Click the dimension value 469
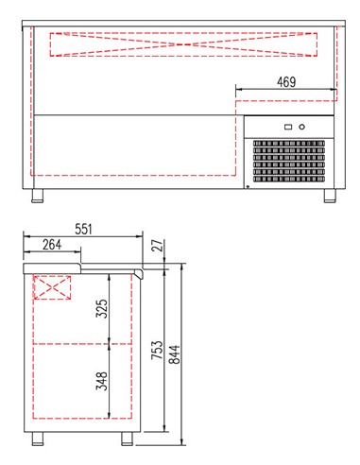click(287, 82)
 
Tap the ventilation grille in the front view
click(287, 161)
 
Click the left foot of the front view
click(37, 197)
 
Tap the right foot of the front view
click(331, 197)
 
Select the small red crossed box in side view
click(53, 286)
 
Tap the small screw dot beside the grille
click(248, 186)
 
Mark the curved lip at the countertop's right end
click(141, 272)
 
